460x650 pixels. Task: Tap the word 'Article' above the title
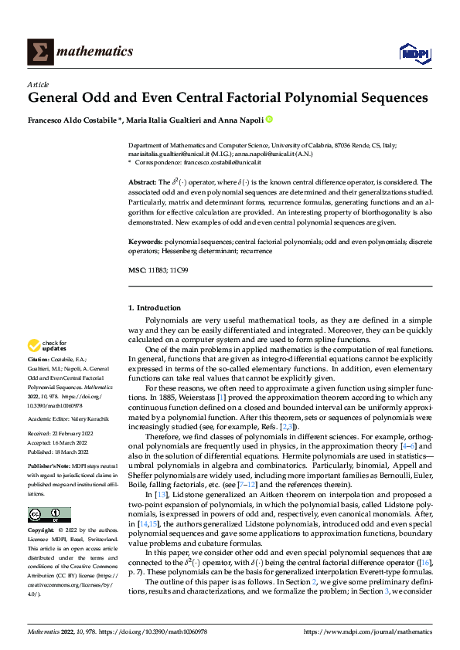click(38, 84)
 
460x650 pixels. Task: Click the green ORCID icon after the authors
click(270, 120)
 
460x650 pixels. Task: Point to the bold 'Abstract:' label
click(142, 182)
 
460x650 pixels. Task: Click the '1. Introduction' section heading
click(155, 308)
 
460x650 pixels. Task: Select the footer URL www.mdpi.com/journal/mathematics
click(373, 631)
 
